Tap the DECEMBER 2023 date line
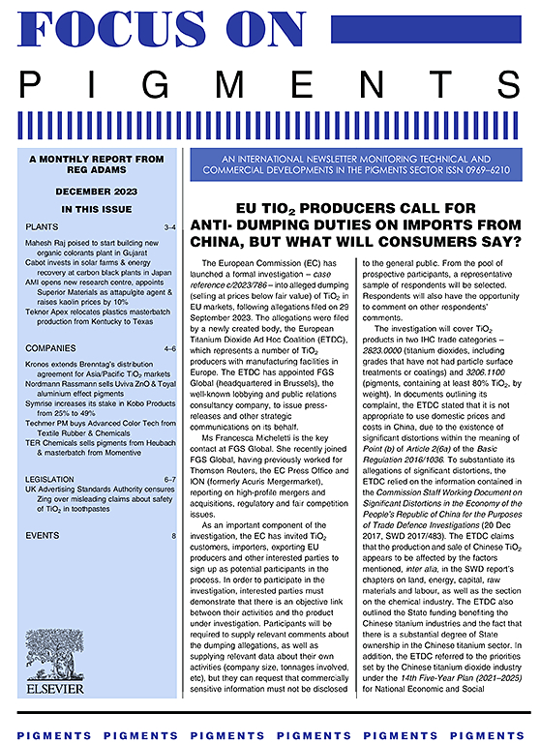(81, 193)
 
